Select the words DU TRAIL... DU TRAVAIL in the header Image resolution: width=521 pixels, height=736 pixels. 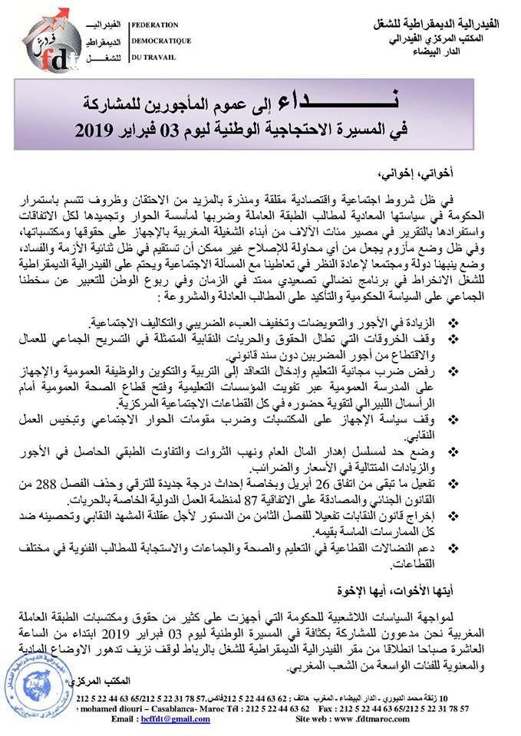(153, 57)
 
